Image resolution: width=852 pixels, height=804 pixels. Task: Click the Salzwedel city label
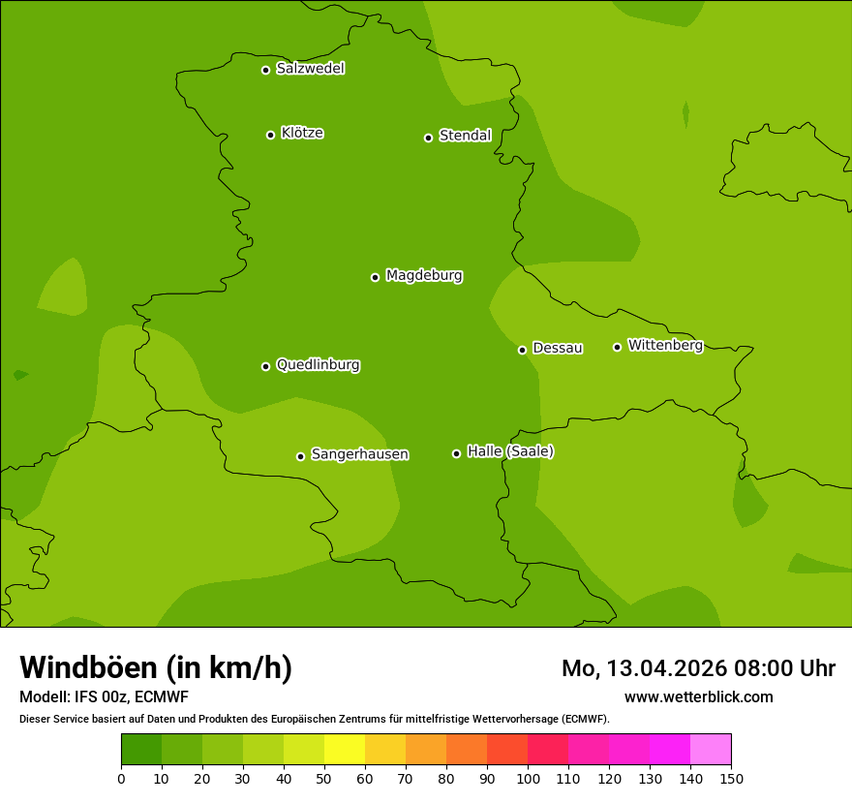(x=310, y=69)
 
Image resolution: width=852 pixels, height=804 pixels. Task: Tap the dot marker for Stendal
(x=428, y=138)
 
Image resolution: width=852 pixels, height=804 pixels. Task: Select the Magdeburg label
(x=424, y=276)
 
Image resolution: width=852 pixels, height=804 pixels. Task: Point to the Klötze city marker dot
(x=270, y=135)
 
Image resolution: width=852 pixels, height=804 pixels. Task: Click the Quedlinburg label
(x=318, y=365)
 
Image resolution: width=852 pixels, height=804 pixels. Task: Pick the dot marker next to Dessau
(x=522, y=350)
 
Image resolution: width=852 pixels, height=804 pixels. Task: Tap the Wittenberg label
(x=665, y=345)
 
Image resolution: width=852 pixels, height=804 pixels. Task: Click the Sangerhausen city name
(x=359, y=454)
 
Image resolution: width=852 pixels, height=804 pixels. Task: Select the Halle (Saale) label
(x=510, y=451)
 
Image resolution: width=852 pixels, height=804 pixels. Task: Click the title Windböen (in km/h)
(x=156, y=667)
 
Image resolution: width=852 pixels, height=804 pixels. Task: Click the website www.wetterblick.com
(x=698, y=696)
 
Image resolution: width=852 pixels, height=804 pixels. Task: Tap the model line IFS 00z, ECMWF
(x=104, y=696)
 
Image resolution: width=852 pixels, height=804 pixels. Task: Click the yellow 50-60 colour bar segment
(x=345, y=750)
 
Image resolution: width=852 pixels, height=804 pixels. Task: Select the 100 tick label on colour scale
(x=528, y=778)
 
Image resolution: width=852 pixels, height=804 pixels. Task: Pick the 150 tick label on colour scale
(x=731, y=778)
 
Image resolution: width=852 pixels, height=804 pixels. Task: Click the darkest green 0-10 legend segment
(x=141, y=750)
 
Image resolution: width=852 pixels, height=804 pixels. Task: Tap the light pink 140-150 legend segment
(x=711, y=750)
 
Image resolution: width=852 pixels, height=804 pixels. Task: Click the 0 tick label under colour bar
(x=121, y=778)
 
